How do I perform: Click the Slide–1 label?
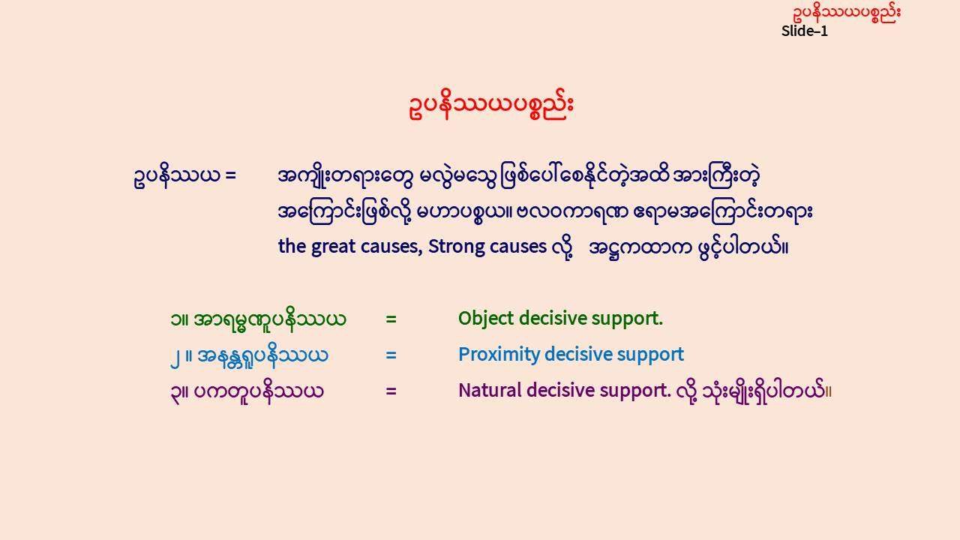tap(805, 31)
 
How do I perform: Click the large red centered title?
tap(491, 105)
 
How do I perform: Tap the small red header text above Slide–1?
tap(847, 13)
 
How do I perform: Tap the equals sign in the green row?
tap(391, 319)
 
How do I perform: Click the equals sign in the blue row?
tap(391, 355)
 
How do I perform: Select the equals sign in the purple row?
tap(391, 391)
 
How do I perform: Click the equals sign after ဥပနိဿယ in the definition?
tap(230, 175)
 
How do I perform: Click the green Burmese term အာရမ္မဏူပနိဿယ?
tap(270, 319)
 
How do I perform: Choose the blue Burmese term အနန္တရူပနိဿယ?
tap(262, 355)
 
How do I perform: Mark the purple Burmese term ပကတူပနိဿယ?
tap(259, 391)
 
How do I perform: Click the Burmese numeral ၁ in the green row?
tap(175, 319)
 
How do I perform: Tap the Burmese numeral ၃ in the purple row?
tap(175, 392)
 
